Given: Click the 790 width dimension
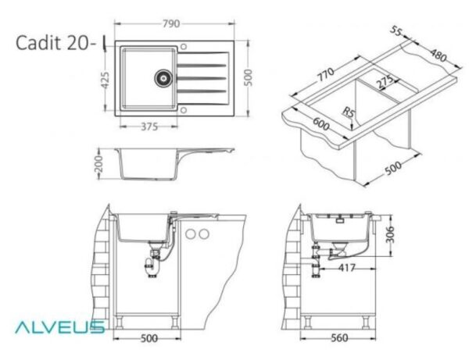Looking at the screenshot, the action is click(x=171, y=23).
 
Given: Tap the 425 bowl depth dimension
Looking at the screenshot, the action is click(x=105, y=80).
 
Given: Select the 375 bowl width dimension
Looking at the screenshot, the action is click(x=149, y=127).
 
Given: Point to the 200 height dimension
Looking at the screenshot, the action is click(x=98, y=164).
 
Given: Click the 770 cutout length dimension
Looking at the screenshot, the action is click(x=325, y=75).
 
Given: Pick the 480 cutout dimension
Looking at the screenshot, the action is click(x=439, y=55).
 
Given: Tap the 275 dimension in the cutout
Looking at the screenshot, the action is click(x=385, y=81).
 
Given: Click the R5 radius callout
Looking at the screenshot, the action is click(x=348, y=112).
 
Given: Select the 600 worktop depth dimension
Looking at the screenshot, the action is click(x=321, y=123).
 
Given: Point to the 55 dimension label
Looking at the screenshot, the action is click(x=396, y=31).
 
